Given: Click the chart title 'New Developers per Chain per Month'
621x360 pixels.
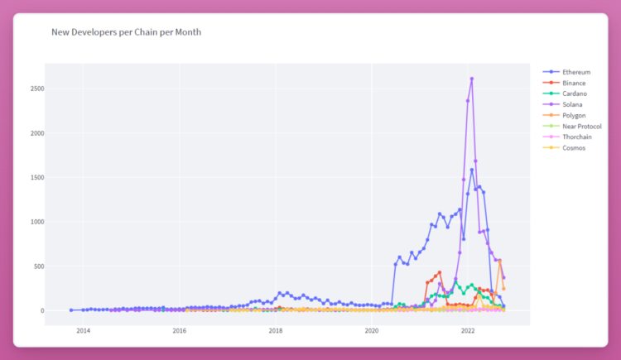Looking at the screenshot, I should tap(126, 32).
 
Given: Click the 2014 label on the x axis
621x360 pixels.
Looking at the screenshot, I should tap(83, 330).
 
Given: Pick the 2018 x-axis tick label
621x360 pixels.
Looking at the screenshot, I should tap(276, 330).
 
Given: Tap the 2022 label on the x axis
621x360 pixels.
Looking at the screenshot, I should tap(468, 330).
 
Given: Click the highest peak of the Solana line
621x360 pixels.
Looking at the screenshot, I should tap(471, 79).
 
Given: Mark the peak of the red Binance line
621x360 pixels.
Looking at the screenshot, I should tap(440, 272).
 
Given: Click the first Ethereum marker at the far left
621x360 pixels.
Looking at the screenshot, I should tap(71, 310).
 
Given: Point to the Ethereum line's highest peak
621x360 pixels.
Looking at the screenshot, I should tap(471, 170).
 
